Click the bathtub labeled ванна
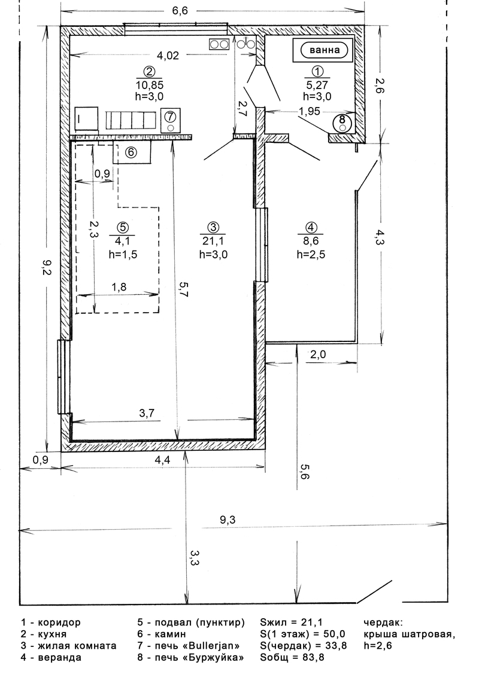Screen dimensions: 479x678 pos(323,50)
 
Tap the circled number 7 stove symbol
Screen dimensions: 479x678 pos(170,120)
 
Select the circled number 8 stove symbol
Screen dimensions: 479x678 pos(342,123)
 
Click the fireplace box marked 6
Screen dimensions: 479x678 pos(132,152)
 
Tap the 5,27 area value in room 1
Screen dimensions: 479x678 pos(317,85)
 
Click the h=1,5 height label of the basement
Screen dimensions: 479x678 pos(123,254)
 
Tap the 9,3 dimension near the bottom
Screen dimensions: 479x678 pos(227,520)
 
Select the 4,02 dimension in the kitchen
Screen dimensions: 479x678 pos(168,55)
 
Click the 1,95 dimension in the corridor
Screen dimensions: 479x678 pos(309,111)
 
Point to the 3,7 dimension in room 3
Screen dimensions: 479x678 pos(147,413)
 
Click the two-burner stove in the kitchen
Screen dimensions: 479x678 pos(219,44)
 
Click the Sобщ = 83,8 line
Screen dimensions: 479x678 pos(292,657)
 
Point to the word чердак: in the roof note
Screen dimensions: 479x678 pos(383,623)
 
